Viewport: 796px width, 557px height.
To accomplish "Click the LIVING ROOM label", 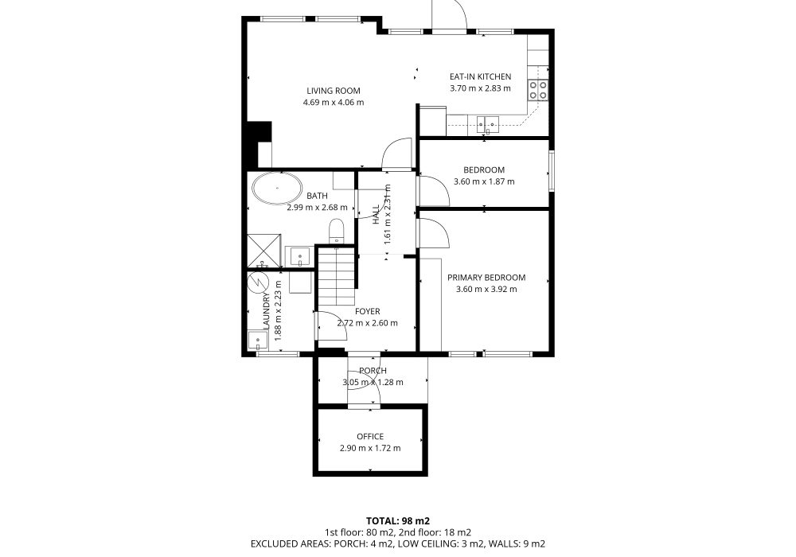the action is point(334,91).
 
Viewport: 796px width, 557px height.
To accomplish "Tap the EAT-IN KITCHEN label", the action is point(480,76).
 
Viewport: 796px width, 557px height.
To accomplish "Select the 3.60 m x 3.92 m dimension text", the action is point(486,289).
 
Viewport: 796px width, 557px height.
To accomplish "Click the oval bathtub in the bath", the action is point(277,189).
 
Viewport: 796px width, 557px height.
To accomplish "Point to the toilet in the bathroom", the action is point(336,230).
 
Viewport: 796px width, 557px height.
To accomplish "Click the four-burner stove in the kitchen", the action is point(538,90).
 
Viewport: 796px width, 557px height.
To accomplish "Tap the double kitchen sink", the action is point(488,123).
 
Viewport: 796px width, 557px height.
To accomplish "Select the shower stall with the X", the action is point(264,250).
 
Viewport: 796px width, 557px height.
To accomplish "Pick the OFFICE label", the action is point(370,436).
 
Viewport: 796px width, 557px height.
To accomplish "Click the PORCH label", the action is point(373,370).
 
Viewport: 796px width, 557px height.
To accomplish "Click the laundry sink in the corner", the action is point(258,340).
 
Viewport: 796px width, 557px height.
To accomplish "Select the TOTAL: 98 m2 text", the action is point(398,521).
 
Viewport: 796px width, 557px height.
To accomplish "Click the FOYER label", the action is point(367,311).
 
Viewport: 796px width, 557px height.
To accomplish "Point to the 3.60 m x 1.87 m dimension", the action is point(484,181).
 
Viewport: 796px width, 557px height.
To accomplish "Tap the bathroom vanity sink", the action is point(300,256).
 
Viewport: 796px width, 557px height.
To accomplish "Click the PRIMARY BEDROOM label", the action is point(486,278).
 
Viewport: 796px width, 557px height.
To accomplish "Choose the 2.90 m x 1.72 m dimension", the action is point(370,448).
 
